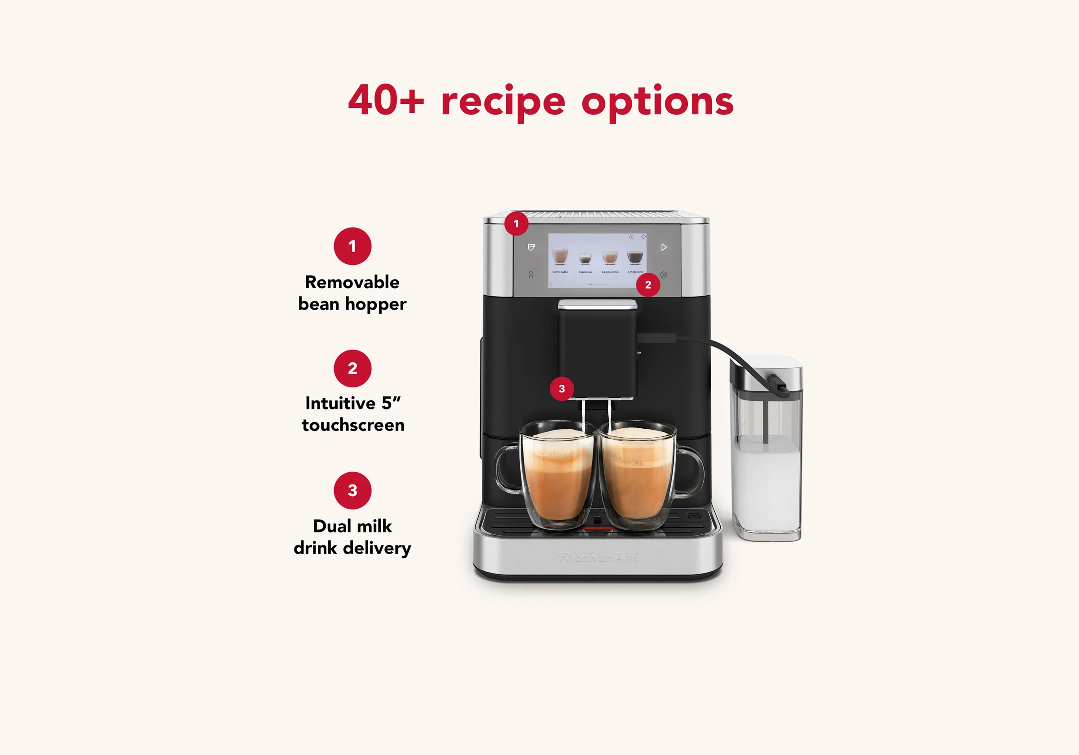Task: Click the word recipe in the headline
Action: [x=502, y=101]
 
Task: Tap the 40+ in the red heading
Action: [x=385, y=100]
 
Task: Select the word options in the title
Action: [x=657, y=102]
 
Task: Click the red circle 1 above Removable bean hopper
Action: [x=352, y=246]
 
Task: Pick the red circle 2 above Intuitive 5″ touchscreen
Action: [x=352, y=369]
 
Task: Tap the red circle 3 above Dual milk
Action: [x=352, y=490]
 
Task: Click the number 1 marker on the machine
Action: [x=516, y=224]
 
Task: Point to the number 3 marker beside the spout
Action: [x=562, y=389]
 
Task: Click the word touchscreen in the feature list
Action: [x=353, y=425]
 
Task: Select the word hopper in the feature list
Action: [x=375, y=304]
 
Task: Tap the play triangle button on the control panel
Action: [x=664, y=247]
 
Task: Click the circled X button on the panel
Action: [x=664, y=275]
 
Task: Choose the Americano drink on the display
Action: [x=634, y=258]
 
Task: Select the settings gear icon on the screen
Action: [x=643, y=237]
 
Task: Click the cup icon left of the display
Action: [x=531, y=247]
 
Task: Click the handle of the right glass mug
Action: [x=693, y=470]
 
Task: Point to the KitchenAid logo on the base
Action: [x=597, y=557]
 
